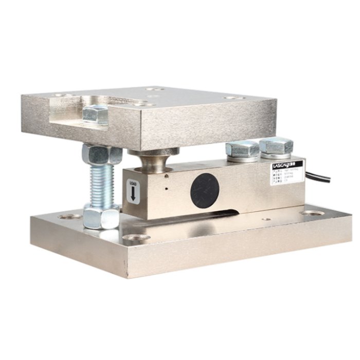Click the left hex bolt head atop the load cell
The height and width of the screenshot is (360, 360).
click(242, 151)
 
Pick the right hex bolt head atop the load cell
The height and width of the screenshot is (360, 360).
click(276, 146)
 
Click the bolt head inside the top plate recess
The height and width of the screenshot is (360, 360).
click(96, 114)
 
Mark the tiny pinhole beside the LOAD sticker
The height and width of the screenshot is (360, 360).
click(167, 188)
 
